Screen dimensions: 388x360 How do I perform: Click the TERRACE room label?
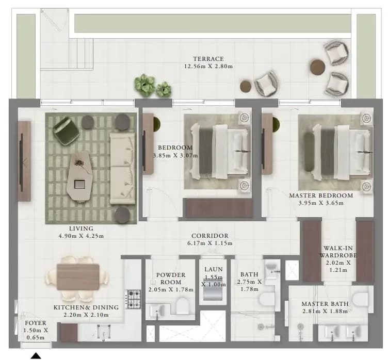pyautogui.click(x=208, y=59)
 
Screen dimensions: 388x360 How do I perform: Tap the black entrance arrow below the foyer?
pyautogui.click(x=36, y=355)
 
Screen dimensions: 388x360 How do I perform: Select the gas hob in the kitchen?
pyautogui.click(x=134, y=299)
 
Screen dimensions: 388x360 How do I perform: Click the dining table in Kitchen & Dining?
pyautogui.click(x=78, y=276)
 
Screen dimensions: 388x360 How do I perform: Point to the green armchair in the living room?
pyautogui.click(x=66, y=129)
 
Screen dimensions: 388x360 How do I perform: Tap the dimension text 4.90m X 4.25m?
pyautogui.click(x=81, y=236)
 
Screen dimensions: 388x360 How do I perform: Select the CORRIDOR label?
pyautogui.click(x=210, y=236)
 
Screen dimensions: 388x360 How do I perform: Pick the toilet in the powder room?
pyautogui.click(x=182, y=306)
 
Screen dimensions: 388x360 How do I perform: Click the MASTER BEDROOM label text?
pyautogui.click(x=321, y=195)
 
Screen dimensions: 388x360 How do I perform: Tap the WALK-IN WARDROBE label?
pyautogui.click(x=338, y=252)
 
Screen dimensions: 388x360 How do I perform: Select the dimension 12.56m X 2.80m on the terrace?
pyautogui.click(x=208, y=67)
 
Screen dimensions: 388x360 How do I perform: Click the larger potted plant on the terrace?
pyautogui.click(x=144, y=85)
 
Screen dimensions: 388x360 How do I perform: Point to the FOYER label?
pyautogui.click(x=36, y=323)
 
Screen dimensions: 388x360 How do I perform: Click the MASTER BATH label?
pyautogui.click(x=325, y=304)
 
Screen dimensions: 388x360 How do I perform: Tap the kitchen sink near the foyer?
pyautogui.click(x=104, y=332)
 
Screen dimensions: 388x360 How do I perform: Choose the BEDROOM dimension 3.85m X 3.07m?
pyautogui.click(x=175, y=156)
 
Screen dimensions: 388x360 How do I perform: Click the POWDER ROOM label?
pyautogui.click(x=171, y=279)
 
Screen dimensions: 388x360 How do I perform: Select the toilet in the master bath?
pyautogui.click(x=360, y=299)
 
